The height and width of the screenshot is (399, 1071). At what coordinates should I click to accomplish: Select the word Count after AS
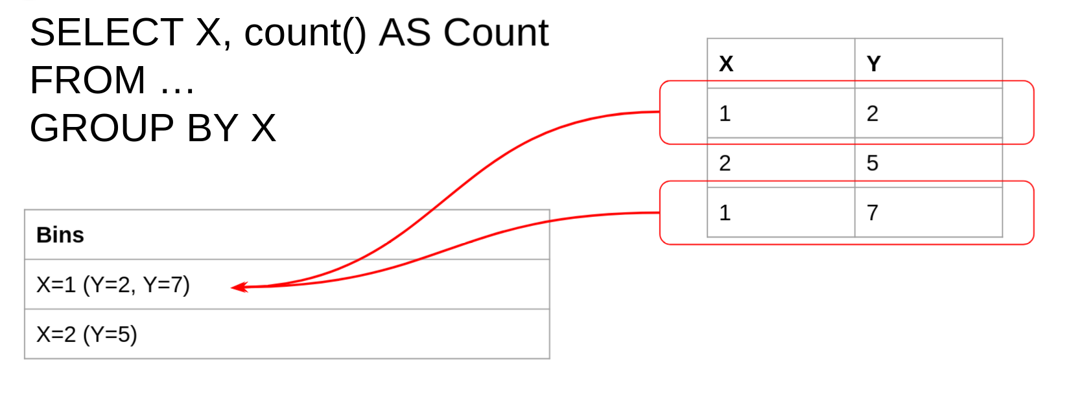click(x=495, y=32)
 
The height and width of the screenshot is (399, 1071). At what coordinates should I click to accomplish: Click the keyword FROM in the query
click(x=88, y=80)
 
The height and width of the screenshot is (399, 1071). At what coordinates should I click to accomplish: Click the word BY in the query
click(x=213, y=128)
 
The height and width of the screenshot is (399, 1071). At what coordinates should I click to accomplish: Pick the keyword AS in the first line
click(x=405, y=32)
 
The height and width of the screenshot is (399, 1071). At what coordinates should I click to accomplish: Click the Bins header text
click(x=60, y=234)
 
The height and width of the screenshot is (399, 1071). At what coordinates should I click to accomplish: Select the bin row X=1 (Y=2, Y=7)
click(x=113, y=284)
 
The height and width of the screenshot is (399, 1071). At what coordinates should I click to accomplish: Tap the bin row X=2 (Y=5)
click(x=87, y=334)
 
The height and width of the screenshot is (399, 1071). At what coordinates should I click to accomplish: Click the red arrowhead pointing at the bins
click(x=239, y=287)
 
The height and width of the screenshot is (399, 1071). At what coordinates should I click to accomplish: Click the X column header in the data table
click(x=726, y=63)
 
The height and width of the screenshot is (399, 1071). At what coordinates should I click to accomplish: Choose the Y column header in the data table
click(x=873, y=63)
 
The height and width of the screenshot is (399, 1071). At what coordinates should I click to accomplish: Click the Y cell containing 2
click(x=873, y=113)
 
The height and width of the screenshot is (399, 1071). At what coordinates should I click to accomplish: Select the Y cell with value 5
click(x=873, y=163)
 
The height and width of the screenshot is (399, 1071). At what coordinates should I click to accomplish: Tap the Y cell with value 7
click(x=873, y=212)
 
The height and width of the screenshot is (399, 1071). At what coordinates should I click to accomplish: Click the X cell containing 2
click(x=725, y=163)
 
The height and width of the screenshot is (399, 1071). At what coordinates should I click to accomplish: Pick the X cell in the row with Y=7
click(x=725, y=212)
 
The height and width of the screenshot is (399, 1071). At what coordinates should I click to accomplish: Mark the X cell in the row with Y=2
click(x=725, y=113)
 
